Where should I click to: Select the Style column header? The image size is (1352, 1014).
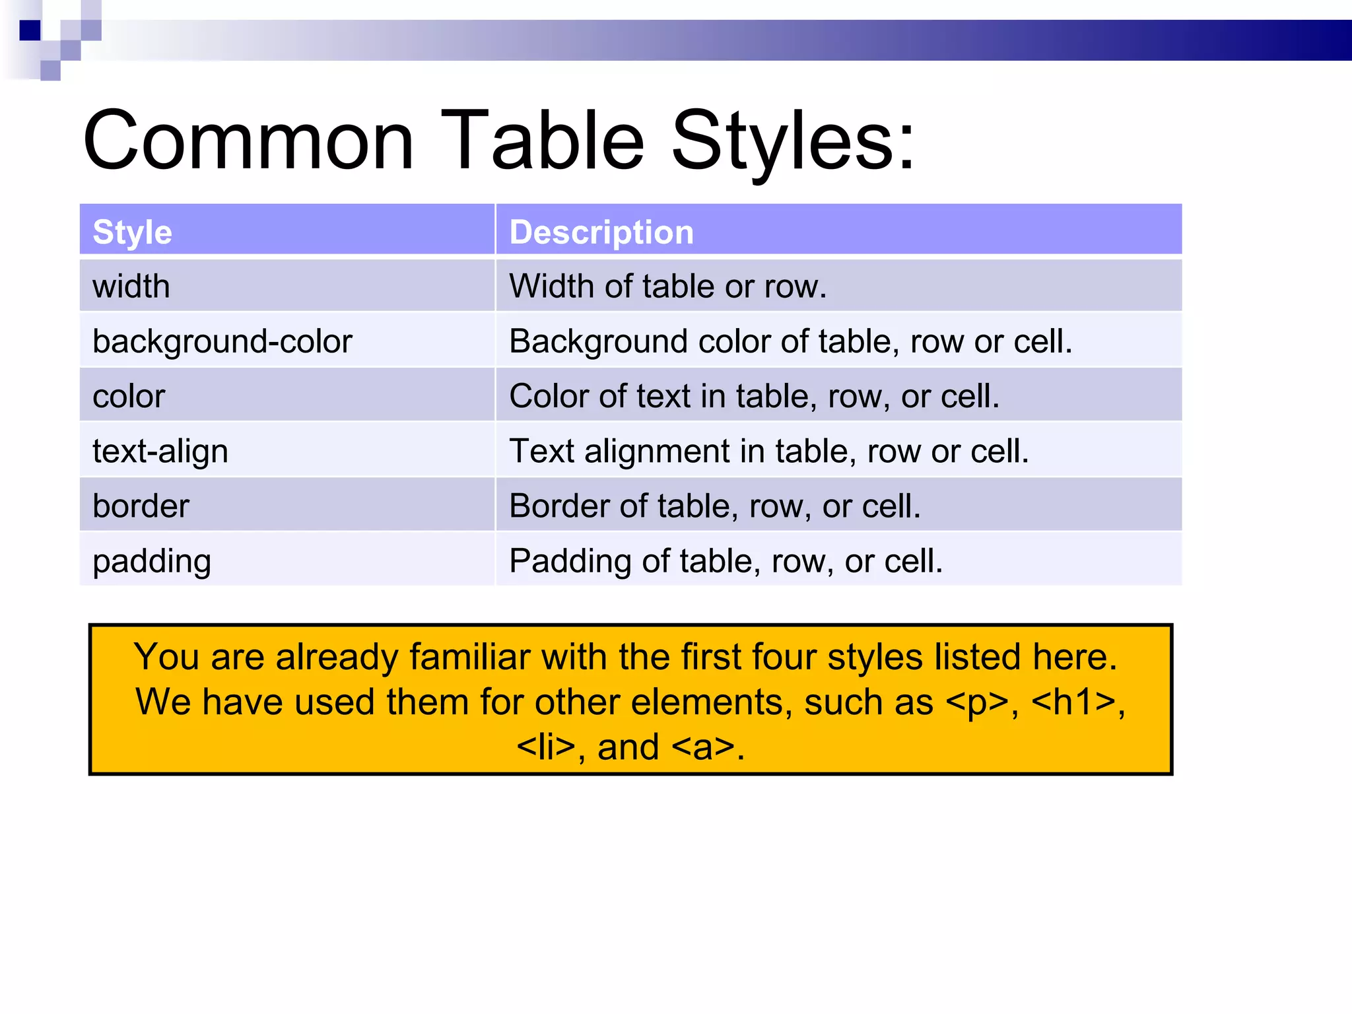(132, 232)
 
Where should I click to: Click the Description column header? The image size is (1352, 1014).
(601, 232)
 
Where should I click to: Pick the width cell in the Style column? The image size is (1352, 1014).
(131, 287)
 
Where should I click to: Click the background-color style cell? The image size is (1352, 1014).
(222, 341)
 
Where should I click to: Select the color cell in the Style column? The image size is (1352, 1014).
(129, 396)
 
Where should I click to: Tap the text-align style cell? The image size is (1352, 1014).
(160, 452)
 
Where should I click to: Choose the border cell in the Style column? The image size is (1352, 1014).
(141, 506)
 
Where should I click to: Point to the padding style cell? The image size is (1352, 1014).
(152, 561)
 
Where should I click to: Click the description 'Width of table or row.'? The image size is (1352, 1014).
(667, 287)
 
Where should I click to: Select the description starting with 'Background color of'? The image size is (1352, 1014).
(790, 341)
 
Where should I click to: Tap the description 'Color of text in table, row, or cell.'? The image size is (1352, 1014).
(754, 396)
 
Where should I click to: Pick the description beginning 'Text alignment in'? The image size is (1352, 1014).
(768, 452)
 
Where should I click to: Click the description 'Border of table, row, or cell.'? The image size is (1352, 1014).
(714, 506)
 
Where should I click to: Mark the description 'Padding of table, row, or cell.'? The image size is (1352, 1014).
(726, 561)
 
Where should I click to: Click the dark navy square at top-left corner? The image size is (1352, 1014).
(30, 30)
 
